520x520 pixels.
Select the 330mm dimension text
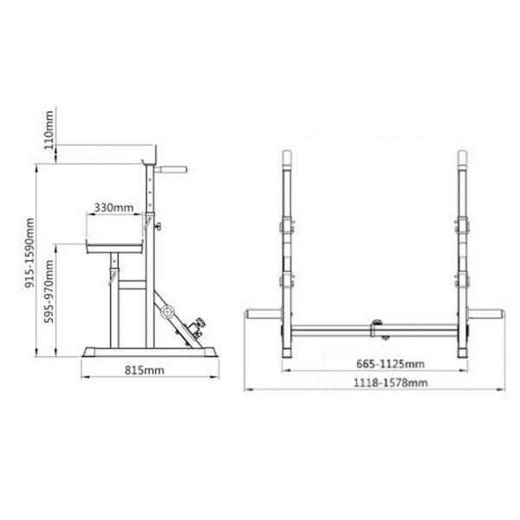click(113, 207)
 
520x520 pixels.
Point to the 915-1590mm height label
click(29, 252)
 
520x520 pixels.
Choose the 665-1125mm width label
click(373, 364)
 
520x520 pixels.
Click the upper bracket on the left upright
click(283, 228)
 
